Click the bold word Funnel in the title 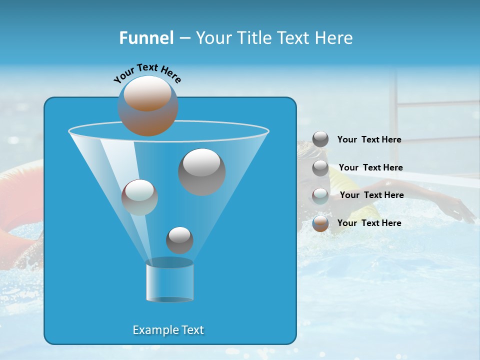[x=146, y=38]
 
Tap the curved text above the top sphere [x=147, y=72]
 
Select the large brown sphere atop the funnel [x=147, y=106]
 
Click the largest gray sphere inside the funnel [x=201, y=171]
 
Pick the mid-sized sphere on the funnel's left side [x=139, y=197]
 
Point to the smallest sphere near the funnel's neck [x=179, y=240]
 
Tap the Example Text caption [x=168, y=330]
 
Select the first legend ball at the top [x=320, y=139]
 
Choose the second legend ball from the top [x=320, y=168]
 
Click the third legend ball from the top [x=320, y=195]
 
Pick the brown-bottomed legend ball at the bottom [x=320, y=223]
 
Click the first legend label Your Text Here [x=369, y=140]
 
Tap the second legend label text [x=370, y=168]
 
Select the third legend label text [x=371, y=195]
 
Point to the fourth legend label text [x=369, y=223]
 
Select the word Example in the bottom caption [x=154, y=330]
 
